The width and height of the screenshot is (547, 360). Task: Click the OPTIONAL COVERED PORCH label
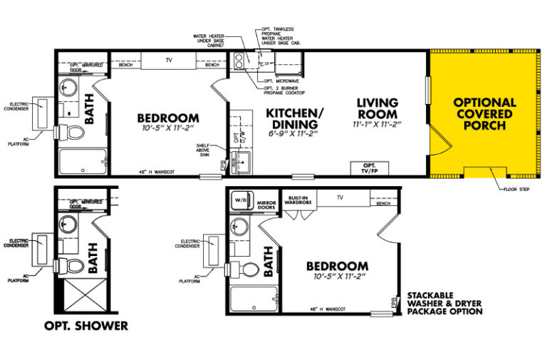coord(484,114)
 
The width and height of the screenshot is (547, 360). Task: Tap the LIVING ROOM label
coord(377,108)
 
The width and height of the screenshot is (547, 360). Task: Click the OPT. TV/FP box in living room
coord(369,168)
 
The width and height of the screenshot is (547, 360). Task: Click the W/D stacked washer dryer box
coord(240,201)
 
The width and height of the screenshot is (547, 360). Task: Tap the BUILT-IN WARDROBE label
coord(298,200)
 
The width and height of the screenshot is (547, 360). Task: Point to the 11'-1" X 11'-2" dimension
coord(377,124)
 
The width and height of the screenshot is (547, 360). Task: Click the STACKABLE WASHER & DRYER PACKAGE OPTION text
coord(444,303)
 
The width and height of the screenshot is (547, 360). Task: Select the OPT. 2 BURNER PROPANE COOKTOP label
coord(297,92)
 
